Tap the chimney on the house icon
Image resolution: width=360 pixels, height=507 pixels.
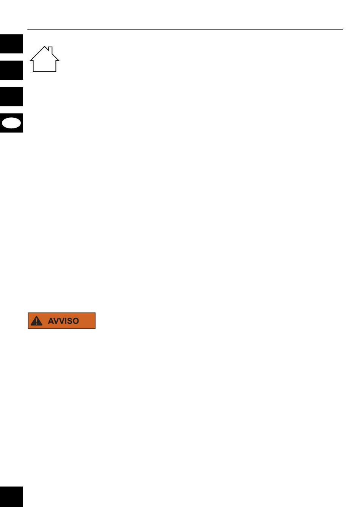[x=50, y=50]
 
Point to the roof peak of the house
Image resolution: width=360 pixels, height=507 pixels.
[x=45, y=47]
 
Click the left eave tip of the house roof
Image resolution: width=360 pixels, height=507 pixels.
[x=30, y=60]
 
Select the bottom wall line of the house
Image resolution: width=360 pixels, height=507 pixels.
[x=45, y=72]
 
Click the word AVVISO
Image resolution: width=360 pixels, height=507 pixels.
[x=63, y=321]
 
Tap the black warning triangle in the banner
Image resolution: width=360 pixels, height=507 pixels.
[x=36, y=321]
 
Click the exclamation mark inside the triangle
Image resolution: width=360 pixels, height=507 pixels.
[x=36, y=321]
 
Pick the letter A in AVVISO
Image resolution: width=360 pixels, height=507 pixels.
[x=51, y=321]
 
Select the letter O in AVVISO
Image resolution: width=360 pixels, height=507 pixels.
[x=75, y=321]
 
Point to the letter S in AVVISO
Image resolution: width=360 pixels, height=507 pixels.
[x=69, y=321]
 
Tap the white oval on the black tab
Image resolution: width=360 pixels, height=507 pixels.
[x=11, y=123]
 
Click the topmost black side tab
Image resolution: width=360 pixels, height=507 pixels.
[x=11, y=44]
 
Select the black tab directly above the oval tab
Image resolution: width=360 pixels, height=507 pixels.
[x=11, y=97]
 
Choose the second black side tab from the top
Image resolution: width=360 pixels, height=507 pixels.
[x=11, y=70]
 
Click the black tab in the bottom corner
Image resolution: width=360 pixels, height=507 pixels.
[x=11, y=497]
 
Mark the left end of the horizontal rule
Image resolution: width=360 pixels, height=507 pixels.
[x=28, y=29]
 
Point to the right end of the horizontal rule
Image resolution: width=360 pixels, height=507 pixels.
[x=343, y=29]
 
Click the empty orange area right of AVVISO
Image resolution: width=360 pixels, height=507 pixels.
[x=87, y=321]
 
